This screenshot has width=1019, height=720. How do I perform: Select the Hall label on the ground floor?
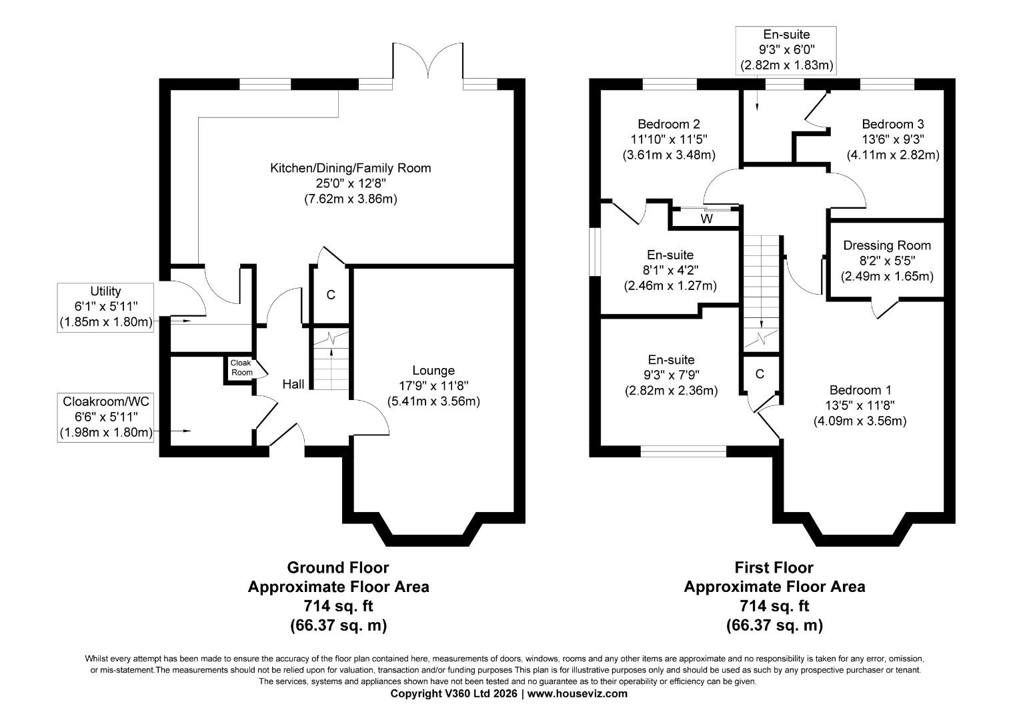point(293,384)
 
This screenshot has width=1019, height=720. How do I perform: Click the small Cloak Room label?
point(241,368)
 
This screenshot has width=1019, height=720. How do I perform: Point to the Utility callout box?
point(105,307)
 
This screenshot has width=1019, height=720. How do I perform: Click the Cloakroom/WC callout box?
point(105,417)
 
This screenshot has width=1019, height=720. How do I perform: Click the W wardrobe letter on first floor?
point(706,219)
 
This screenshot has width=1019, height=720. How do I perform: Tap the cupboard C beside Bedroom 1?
point(760,374)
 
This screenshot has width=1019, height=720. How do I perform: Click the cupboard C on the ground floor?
point(330,295)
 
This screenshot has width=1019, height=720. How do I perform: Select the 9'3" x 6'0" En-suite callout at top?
point(787,50)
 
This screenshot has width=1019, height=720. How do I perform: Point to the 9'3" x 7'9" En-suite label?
point(670,375)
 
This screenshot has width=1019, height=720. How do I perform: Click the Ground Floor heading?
point(338,568)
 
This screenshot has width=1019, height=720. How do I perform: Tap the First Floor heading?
point(774,568)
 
